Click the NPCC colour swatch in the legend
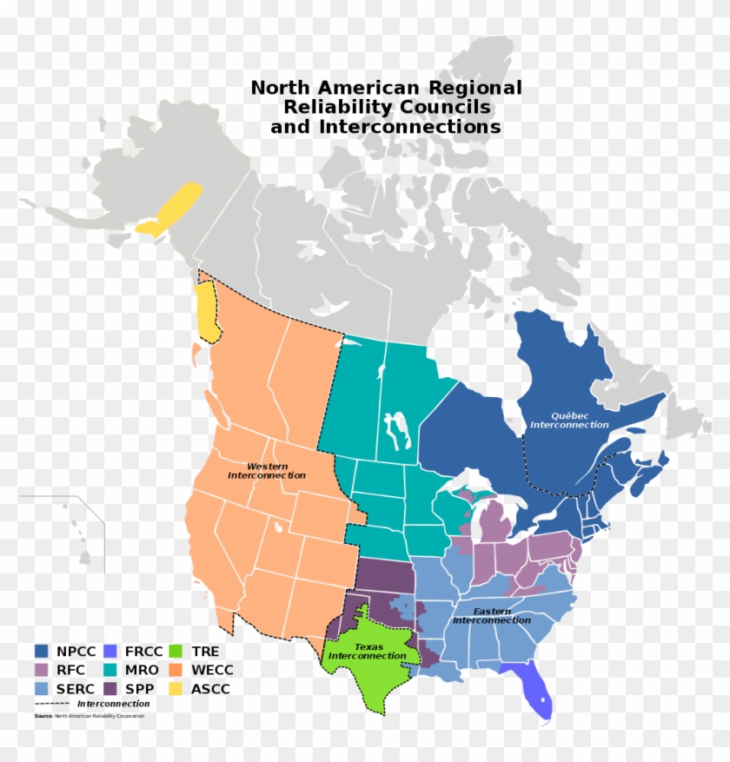(42, 651)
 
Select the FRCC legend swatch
(109, 651)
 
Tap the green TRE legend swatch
(176, 651)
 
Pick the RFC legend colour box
(42, 670)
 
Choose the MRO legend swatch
(109, 670)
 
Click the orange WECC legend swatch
(176, 670)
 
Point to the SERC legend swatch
(42, 689)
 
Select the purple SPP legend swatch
(109, 689)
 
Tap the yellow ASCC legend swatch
(176, 689)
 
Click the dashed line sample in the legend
(51, 704)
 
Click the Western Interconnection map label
(267, 471)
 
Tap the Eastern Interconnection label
(491, 615)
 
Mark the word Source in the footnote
(43, 716)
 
